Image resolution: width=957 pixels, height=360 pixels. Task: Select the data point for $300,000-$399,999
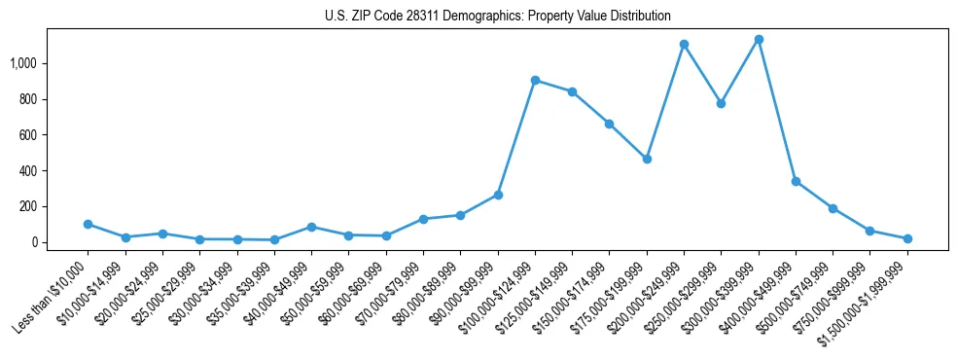point(759,39)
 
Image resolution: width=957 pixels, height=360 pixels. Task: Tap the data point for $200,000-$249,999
point(685,44)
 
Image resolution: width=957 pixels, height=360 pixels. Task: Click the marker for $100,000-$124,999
point(535,80)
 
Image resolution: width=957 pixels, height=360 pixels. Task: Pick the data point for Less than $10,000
point(88,224)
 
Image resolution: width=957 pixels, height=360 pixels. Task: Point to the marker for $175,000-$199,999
point(647,159)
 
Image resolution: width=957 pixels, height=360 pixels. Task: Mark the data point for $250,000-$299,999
point(722,103)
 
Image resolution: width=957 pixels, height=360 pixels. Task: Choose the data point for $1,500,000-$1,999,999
point(907,238)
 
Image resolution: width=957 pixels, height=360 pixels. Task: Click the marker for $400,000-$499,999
point(796,181)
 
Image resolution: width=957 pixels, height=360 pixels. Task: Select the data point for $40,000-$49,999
point(311,227)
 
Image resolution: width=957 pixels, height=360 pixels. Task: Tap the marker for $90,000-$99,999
point(498,195)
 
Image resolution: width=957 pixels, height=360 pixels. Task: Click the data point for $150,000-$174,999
point(609,124)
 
